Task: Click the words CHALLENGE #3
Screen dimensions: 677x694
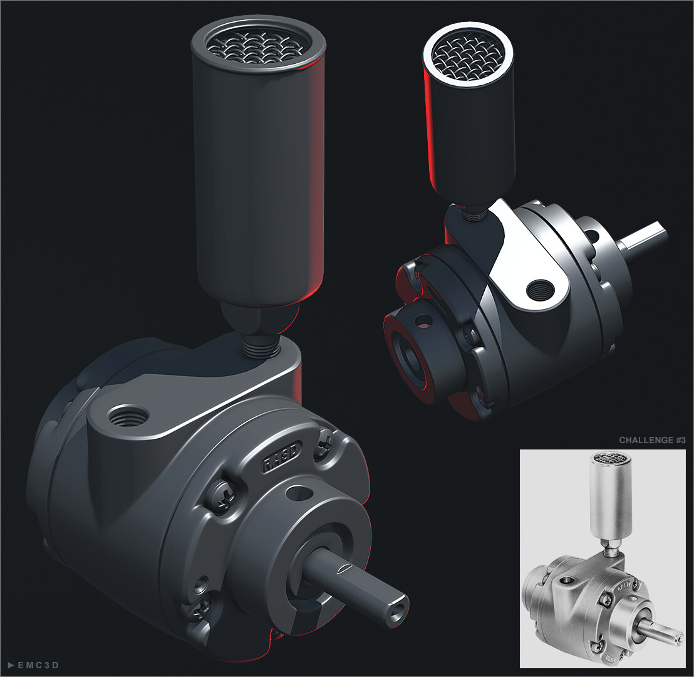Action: pos(652,440)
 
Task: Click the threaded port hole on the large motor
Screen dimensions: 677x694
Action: pos(128,414)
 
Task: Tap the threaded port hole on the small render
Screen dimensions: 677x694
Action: pos(540,290)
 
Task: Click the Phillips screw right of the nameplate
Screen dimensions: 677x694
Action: pos(325,443)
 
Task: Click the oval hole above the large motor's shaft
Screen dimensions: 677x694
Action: pos(300,493)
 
